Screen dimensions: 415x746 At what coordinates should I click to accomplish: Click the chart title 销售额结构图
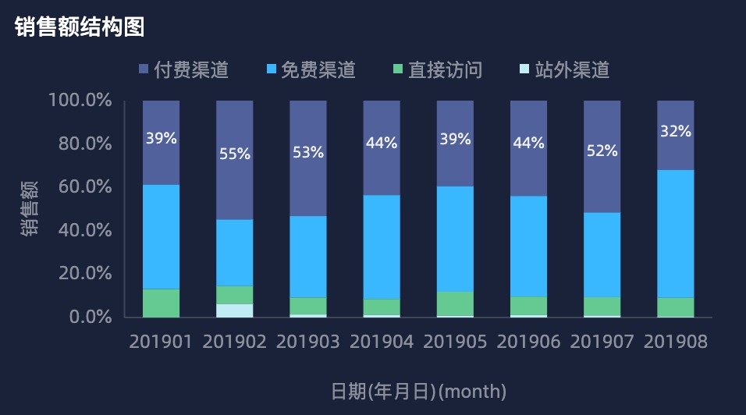click(x=80, y=27)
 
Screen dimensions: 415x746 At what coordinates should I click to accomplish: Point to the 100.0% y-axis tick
click(x=80, y=101)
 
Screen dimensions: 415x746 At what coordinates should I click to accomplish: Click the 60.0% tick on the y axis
click(x=84, y=187)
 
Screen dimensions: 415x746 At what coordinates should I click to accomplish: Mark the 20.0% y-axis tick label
click(x=84, y=274)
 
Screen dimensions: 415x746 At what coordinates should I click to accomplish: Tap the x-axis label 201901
click(x=161, y=342)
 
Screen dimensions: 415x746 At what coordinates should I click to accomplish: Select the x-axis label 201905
click(x=455, y=342)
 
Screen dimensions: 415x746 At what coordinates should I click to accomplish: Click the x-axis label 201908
click(x=676, y=342)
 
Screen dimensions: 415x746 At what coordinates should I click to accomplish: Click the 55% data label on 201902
click(x=235, y=154)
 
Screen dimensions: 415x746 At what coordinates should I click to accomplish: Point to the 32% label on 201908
click(x=676, y=131)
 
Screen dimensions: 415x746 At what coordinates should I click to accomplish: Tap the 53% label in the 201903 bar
click(x=308, y=152)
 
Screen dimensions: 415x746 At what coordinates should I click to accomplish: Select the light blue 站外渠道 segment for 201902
click(x=235, y=310)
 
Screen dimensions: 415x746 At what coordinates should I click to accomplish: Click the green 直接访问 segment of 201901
click(x=161, y=303)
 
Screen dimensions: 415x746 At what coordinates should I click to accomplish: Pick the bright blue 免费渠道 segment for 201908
click(x=676, y=234)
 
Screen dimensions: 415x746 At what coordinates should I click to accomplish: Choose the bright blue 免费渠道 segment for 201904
click(x=382, y=247)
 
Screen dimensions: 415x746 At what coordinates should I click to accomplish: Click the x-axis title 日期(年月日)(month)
click(x=419, y=391)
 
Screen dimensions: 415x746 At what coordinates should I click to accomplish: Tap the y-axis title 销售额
click(x=29, y=208)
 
